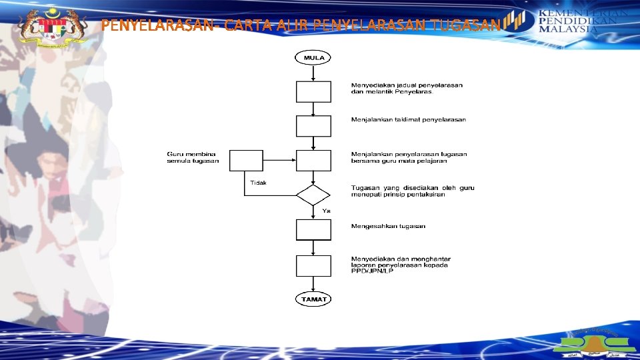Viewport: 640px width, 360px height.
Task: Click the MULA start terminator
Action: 313,58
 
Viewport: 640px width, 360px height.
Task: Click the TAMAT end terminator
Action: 313,299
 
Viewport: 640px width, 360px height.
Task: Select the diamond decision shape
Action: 313,195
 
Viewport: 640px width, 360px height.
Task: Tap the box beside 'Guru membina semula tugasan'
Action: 246,160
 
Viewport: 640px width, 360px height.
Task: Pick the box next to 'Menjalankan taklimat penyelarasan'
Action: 313,126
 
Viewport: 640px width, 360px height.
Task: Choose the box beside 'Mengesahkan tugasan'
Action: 313,229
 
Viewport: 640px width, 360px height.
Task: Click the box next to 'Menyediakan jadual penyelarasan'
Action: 313,91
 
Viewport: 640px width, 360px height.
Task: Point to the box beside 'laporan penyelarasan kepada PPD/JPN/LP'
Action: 313,265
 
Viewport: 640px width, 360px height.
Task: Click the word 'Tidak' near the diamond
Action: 259,183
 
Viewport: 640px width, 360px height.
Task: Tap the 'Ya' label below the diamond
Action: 326,211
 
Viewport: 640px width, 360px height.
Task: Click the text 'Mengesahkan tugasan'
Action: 388,227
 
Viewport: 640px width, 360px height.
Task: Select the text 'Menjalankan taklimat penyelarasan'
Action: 409,120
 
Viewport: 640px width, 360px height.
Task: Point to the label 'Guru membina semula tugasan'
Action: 193,158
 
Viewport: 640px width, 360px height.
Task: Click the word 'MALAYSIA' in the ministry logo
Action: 568,30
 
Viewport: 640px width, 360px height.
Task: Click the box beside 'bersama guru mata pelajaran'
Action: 313,160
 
